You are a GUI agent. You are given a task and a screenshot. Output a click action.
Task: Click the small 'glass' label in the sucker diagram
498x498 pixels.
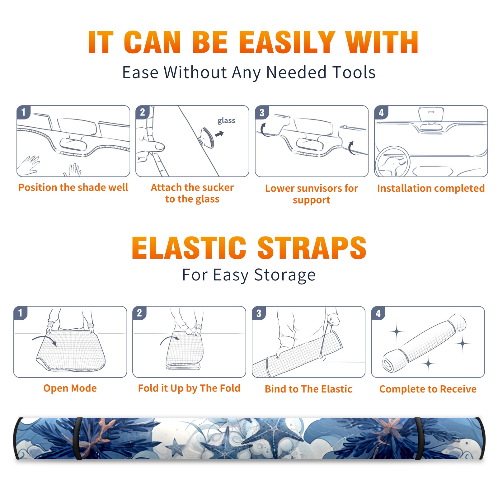(226, 121)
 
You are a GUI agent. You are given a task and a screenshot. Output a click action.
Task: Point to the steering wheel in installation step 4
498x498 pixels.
(392, 162)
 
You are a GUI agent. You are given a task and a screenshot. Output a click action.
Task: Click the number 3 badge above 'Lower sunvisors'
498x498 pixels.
(262, 113)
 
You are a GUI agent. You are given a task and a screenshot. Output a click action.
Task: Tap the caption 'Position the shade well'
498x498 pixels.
(73, 187)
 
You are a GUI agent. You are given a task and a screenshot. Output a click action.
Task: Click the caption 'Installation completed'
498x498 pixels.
(431, 188)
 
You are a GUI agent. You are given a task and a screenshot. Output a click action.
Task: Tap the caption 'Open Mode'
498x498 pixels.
(70, 388)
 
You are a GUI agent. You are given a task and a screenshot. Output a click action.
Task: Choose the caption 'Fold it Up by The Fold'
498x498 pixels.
(189, 388)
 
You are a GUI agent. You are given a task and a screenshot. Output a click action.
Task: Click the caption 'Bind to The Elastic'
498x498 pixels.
(308, 389)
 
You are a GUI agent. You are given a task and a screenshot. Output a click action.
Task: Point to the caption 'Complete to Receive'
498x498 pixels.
(428, 389)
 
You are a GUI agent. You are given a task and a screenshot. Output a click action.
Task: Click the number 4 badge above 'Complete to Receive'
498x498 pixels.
(378, 313)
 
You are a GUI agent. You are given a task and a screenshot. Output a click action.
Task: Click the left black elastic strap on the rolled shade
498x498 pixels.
(78, 438)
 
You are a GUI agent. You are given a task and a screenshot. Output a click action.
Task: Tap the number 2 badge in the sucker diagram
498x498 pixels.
(143, 112)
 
